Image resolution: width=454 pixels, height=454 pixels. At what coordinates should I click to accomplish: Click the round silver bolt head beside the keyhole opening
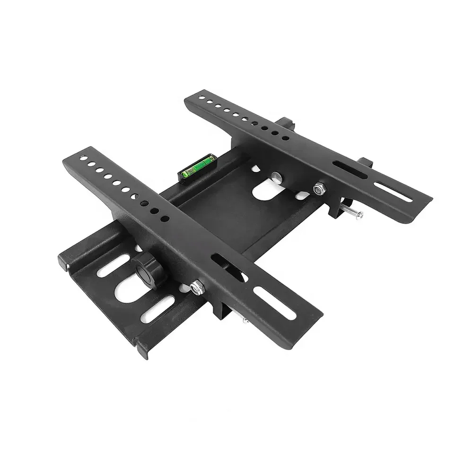(277, 178)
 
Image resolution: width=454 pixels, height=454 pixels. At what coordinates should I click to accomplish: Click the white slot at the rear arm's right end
(394, 192)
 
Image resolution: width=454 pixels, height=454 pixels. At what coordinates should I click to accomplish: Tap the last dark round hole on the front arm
(166, 219)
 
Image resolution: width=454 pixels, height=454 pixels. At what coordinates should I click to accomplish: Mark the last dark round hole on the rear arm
(286, 138)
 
